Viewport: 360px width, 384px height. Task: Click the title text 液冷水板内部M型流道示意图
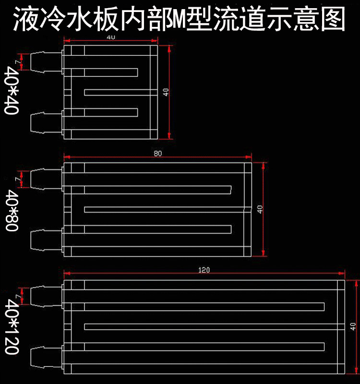(180, 18)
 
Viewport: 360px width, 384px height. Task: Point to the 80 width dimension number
(158, 154)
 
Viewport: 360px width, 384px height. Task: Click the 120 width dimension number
(204, 270)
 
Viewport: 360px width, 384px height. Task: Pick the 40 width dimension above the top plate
(111, 37)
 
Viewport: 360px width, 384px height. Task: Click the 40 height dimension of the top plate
(166, 92)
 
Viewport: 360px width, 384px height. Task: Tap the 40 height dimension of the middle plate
(260, 209)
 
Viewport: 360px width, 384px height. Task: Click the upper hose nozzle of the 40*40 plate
(44, 62)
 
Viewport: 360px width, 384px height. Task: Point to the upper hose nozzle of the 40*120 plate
(44, 296)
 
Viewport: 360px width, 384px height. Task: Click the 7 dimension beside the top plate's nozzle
(17, 62)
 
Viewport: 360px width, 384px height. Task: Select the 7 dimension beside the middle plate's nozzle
(17, 179)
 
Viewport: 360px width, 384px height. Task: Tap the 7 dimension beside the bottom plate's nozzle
(17, 296)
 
